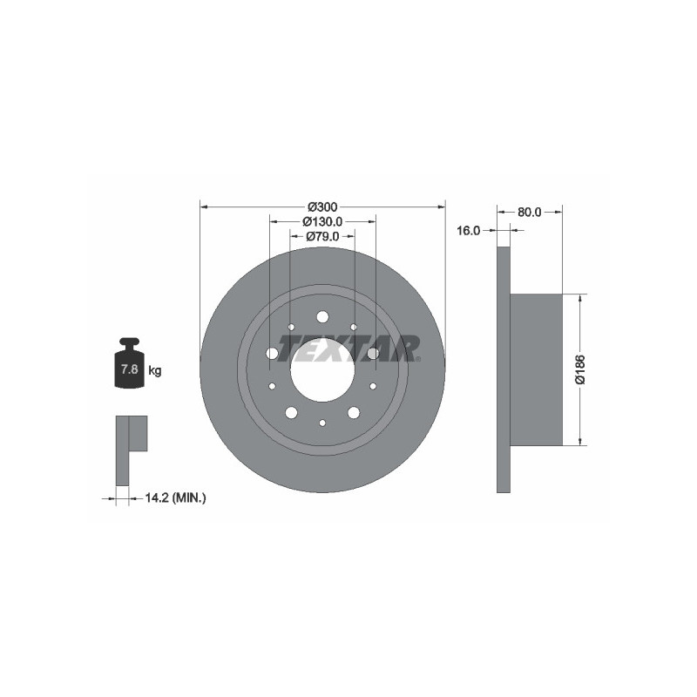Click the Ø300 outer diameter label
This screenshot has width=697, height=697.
point(322,206)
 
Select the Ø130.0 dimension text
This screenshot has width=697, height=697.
point(322,222)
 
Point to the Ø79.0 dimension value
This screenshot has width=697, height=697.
point(322,237)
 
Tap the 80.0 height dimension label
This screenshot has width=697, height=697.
point(529,212)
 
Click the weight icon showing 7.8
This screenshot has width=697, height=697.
point(129,365)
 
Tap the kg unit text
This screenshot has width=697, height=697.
point(155,370)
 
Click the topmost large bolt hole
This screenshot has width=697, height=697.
point(322,316)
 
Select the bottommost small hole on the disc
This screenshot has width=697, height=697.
point(322,423)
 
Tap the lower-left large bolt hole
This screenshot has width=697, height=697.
point(291,412)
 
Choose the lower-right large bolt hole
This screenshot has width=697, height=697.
point(354,412)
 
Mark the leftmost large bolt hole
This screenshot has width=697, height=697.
point(272,353)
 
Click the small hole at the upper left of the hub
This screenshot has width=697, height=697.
point(291,328)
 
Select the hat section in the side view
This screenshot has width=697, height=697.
point(535,369)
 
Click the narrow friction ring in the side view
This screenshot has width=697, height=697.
point(503,369)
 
